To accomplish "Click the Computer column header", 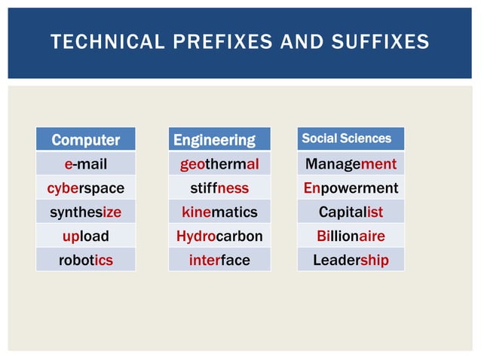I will click(85, 139).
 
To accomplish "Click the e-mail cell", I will click(85, 163).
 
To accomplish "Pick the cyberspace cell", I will click(85, 188).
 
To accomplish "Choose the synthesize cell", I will click(85, 212).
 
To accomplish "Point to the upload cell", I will click(85, 236).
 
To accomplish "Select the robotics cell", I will click(85, 260).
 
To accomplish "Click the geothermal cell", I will click(219, 163).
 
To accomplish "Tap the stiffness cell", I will click(219, 188).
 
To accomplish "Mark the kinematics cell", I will click(219, 212).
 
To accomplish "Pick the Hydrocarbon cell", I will click(219, 236).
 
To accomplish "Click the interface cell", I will click(219, 260).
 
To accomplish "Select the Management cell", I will click(351, 163).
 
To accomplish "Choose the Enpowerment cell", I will click(351, 188).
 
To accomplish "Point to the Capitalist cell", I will click(351, 212).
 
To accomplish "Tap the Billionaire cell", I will click(351, 236).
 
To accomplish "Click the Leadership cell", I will click(351, 260).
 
